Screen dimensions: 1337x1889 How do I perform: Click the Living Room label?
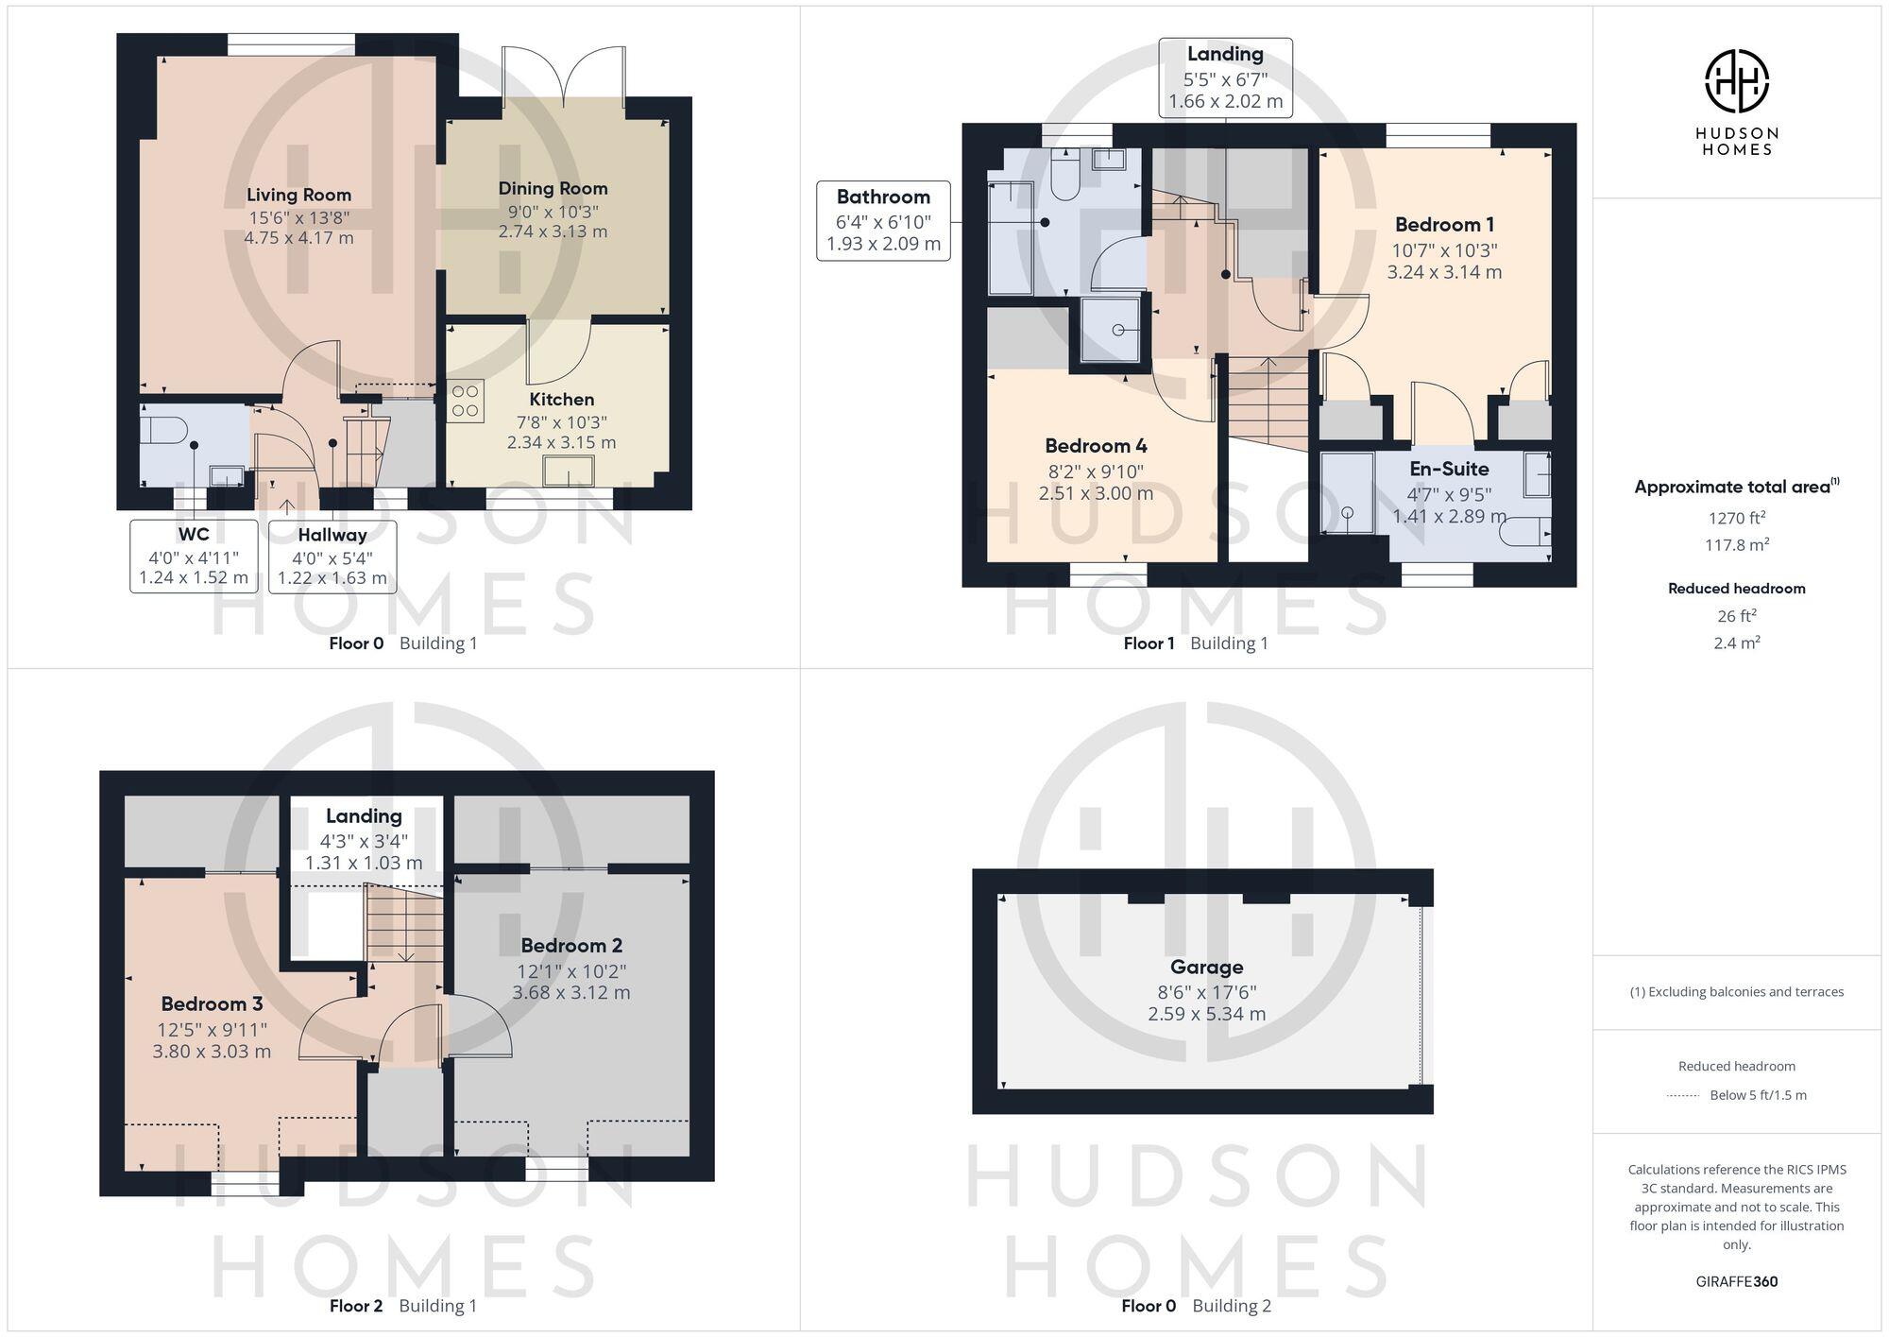coord(298,195)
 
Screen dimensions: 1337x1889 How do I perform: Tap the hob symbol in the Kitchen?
coord(465,400)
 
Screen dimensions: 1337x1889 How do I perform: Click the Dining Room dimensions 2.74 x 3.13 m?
coord(553,231)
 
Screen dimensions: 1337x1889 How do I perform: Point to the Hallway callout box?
coord(332,556)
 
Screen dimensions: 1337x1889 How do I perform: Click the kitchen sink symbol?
coord(569,471)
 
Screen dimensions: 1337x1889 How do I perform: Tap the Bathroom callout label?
coord(883,197)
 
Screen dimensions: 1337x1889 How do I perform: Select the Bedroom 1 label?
coord(1443,225)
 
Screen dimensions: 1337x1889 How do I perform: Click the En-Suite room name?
coord(1449,469)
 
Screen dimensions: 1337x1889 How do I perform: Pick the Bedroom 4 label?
coord(1096,445)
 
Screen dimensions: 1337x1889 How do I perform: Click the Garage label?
coord(1206,967)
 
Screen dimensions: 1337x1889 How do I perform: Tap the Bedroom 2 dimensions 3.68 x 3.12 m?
coord(570,992)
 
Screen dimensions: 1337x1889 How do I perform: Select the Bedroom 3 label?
coord(212,1003)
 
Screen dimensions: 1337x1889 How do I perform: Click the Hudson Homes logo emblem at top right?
coord(1736,81)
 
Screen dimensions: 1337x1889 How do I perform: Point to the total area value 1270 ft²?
coord(1736,518)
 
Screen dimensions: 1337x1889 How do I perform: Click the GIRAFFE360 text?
coord(1736,1281)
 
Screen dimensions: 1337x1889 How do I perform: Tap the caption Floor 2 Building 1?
coord(402,1306)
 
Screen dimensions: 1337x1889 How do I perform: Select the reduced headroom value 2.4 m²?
coord(1736,643)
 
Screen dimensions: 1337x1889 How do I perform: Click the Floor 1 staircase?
coord(1268,397)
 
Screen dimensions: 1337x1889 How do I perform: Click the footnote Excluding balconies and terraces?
coord(1736,991)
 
